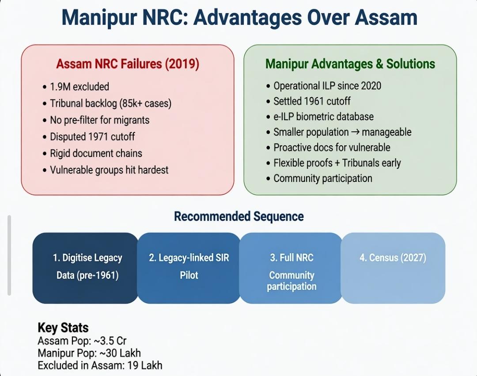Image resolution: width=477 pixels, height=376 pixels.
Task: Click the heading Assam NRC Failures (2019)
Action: click(x=128, y=64)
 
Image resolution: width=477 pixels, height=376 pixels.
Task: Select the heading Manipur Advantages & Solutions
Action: click(x=350, y=64)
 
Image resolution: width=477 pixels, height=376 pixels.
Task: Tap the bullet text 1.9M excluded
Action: click(x=79, y=87)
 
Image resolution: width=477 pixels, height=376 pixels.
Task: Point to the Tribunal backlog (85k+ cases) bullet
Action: click(x=110, y=103)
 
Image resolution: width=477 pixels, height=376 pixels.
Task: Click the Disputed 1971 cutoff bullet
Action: click(x=92, y=137)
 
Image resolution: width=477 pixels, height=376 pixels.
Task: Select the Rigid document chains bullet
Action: click(x=96, y=153)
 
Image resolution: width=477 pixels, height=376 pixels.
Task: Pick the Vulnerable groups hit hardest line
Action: click(x=109, y=170)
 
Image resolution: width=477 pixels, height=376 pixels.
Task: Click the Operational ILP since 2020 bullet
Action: click(x=327, y=86)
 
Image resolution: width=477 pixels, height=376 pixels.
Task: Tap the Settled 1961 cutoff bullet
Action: click(x=312, y=101)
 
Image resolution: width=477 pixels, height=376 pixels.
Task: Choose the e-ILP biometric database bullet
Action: click(x=323, y=117)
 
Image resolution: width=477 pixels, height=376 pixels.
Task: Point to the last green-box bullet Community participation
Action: click(x=322, y=179)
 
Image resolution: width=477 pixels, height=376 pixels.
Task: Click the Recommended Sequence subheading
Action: click(x=238, y=216)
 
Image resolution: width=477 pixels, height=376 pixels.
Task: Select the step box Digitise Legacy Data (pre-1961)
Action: click(x=86, y=267)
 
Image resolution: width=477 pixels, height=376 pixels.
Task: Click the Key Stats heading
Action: click(x=63, y=328)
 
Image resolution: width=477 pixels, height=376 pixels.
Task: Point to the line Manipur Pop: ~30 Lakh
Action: click(x=89, y=353)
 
